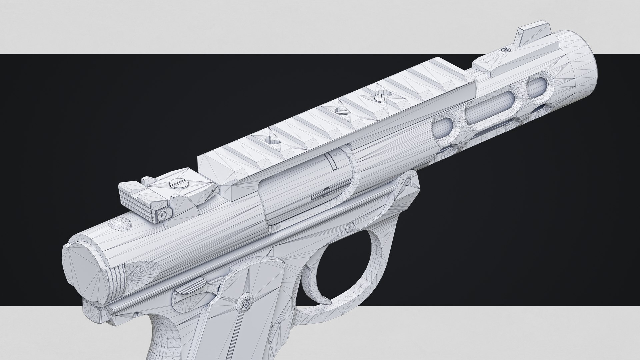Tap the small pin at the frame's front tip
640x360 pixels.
click(407, 181)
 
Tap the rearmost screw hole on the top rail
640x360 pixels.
click(273, 140)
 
